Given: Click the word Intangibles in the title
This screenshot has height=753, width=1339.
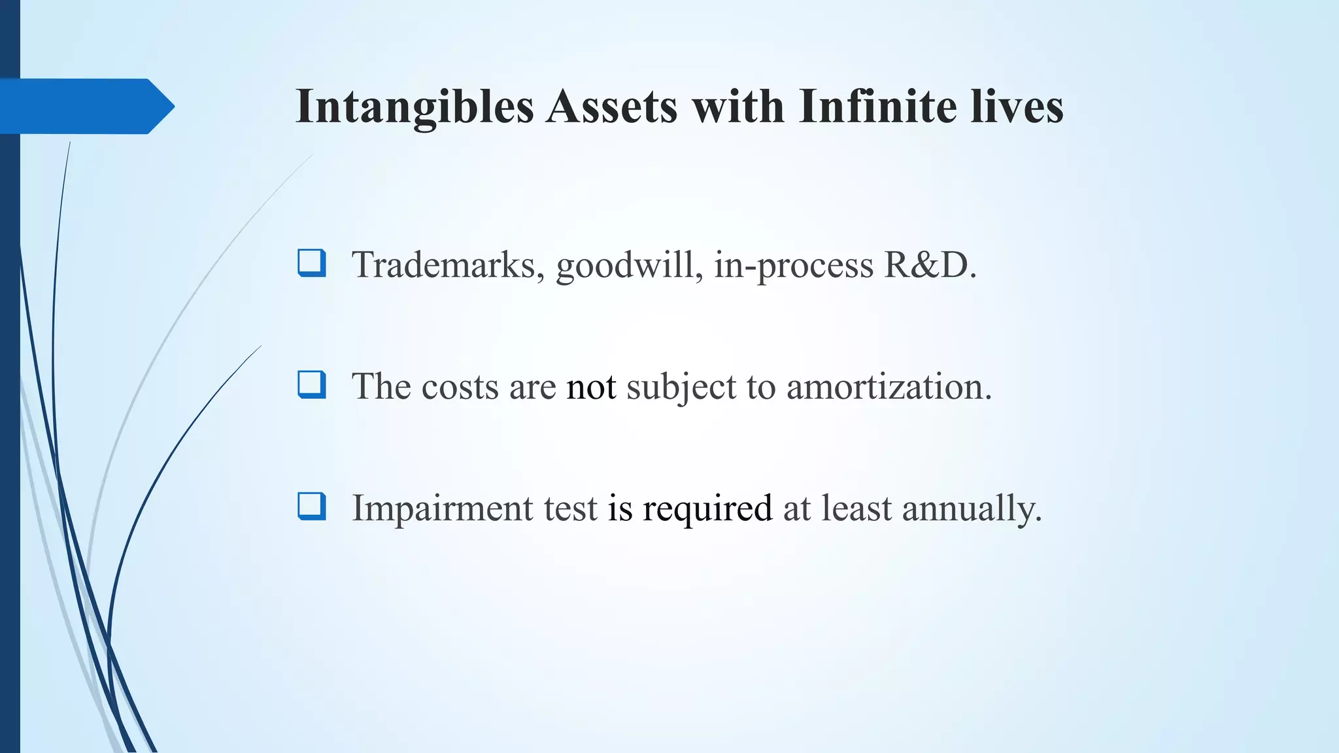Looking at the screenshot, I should (415, 107).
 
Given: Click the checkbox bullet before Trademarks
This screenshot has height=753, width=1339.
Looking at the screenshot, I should (311, 263).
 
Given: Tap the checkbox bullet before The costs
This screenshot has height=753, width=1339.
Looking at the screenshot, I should (311, 384).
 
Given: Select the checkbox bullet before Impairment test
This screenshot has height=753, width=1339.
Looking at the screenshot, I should (311, 506).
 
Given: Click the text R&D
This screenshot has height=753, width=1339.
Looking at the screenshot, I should (930, 265).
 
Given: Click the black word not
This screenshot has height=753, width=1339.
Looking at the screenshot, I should (591, 387).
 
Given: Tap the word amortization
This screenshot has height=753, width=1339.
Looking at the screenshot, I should (889, 387).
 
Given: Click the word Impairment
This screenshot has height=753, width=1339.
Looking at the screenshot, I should (442, 509).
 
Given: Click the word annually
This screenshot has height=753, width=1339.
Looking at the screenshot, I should (972, 509).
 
